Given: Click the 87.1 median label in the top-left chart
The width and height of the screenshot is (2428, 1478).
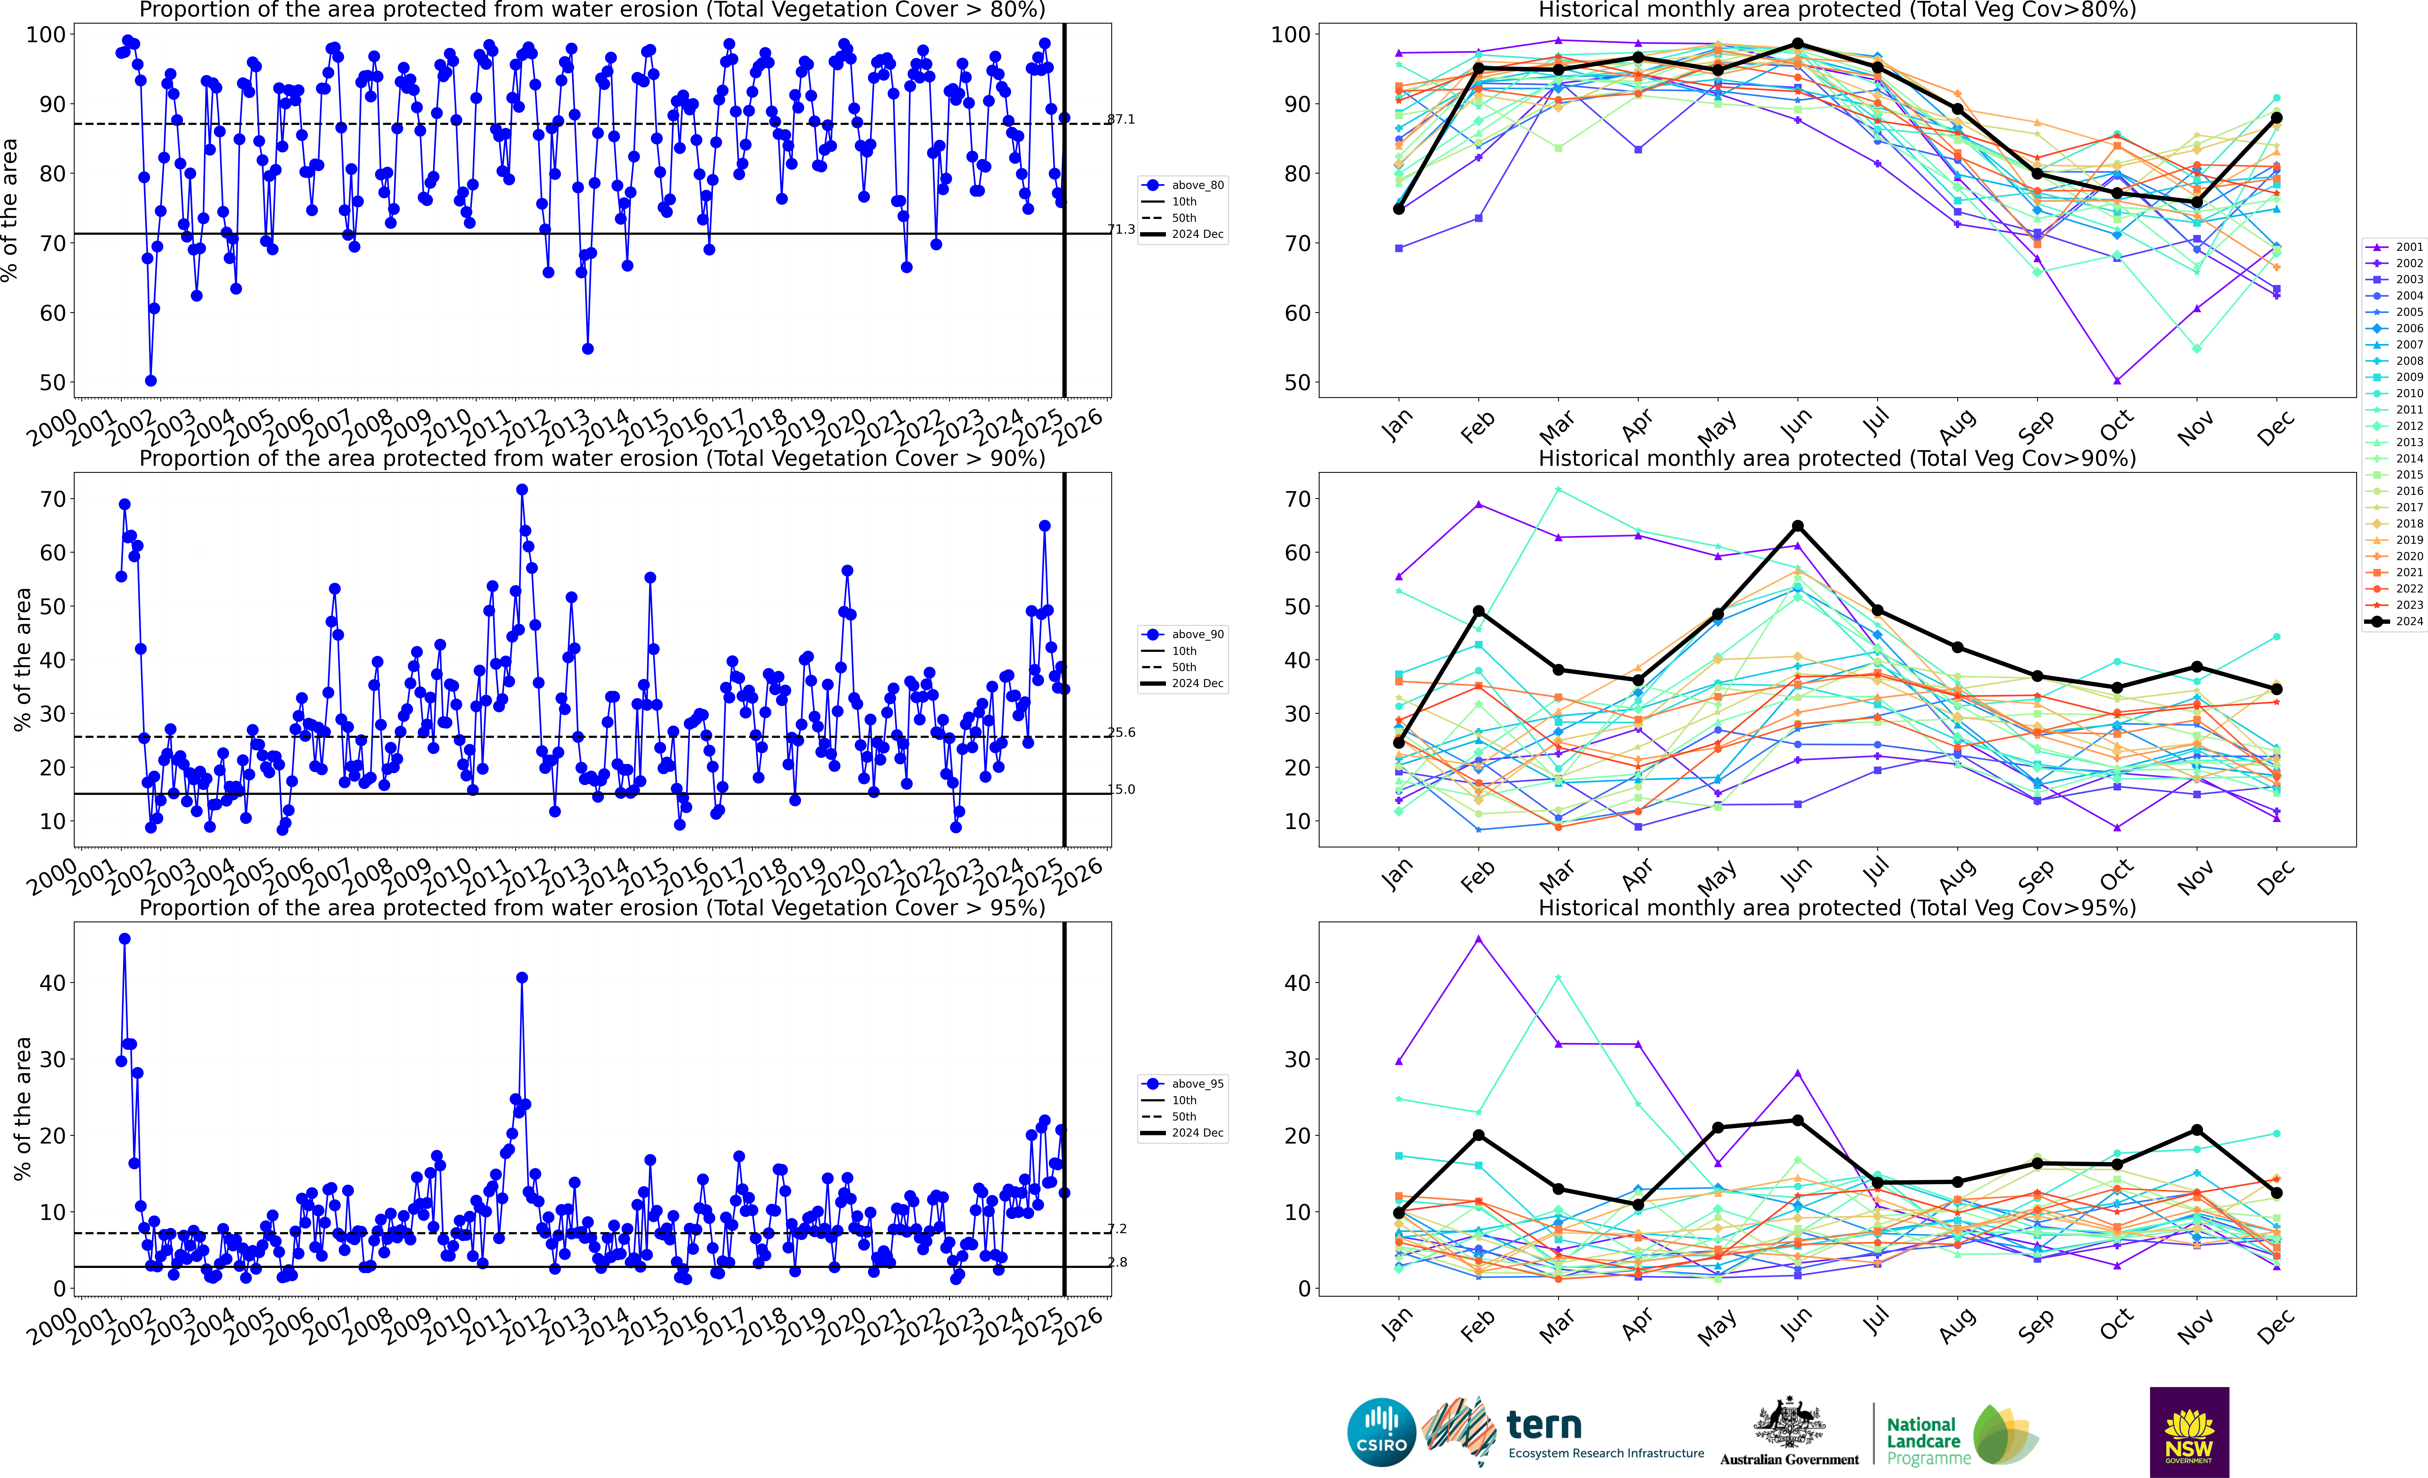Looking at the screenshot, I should point(1120,119).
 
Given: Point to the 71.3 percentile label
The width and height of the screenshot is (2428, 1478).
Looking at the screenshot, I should point(1120,230).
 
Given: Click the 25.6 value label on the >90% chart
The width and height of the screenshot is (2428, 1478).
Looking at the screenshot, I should point(1120,732).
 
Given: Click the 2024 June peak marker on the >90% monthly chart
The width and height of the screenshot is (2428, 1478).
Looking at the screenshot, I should point(1797,526).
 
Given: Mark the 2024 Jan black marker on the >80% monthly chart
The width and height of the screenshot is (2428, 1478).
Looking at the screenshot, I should point(1398,209).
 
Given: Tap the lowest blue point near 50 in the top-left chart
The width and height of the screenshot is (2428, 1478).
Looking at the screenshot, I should point(151,380).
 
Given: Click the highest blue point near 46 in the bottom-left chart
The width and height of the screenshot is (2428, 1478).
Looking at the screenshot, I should point(124,939).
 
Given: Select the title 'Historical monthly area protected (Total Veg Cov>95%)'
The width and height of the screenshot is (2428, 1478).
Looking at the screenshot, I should point(1837,908).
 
